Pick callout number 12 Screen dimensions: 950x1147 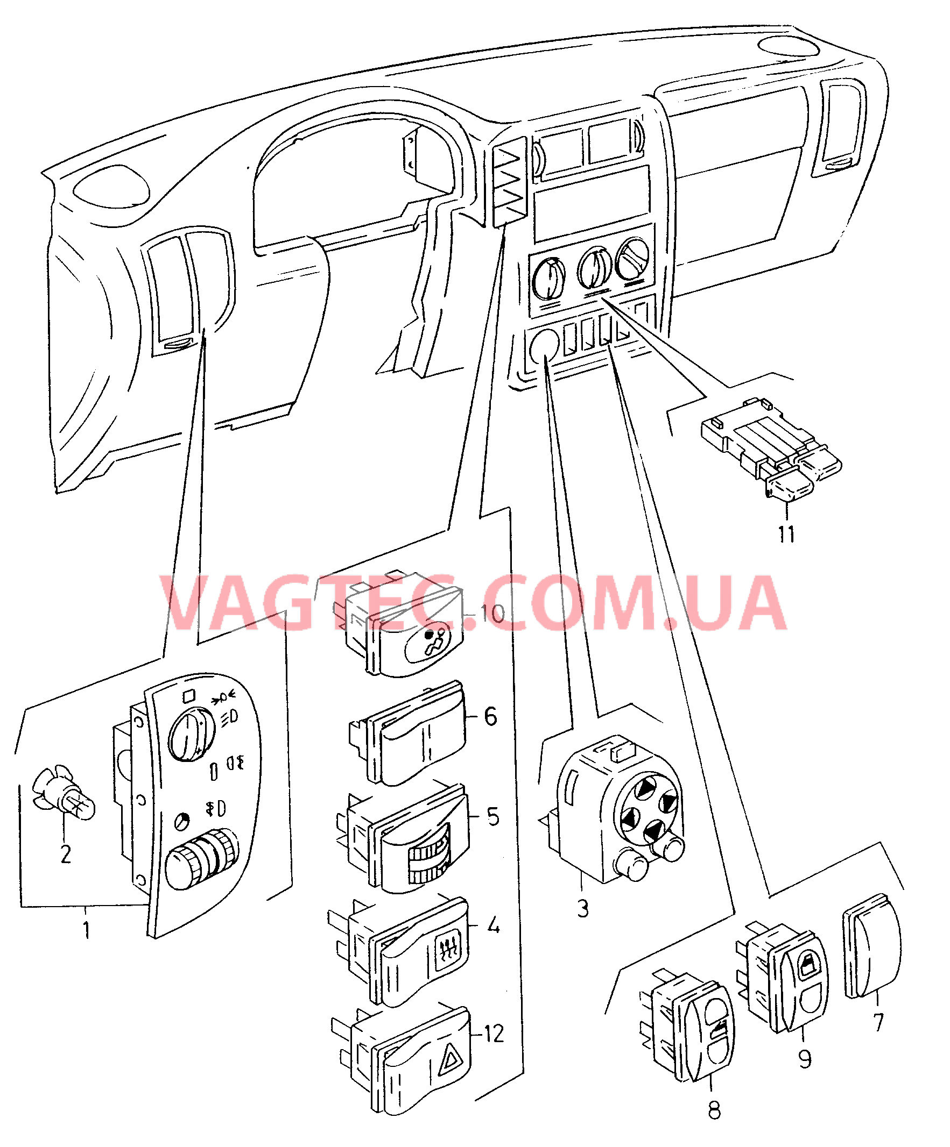tap(494, 1034)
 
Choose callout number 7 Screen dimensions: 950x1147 tap(878, 1022)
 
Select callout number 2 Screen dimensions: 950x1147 tap(66, 854)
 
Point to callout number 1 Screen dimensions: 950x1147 tap(86, 929)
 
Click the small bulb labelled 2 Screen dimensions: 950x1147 tap(63, 793)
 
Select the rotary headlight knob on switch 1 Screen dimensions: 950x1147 tap(191, 733)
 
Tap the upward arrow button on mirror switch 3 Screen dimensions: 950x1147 tap(646, 787)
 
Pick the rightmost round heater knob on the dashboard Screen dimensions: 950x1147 tap(632, 259)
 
